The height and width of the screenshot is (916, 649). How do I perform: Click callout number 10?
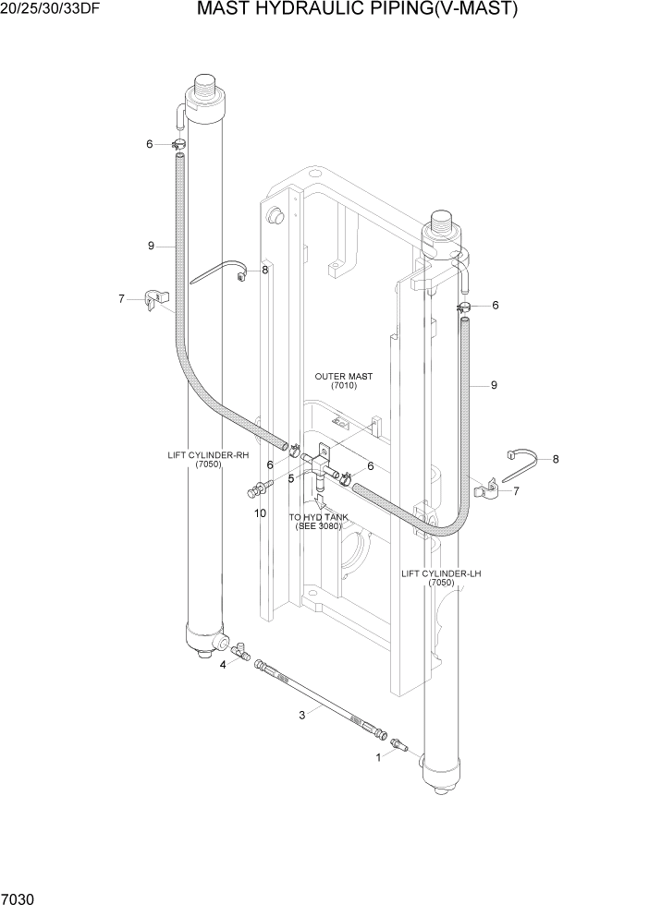(x=260, y=512)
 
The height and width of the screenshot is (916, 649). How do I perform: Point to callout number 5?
(x=290, y=478)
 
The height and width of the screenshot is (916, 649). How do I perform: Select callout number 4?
(x=222, y=664)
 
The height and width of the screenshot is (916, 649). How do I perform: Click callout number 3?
(x=301, y=713)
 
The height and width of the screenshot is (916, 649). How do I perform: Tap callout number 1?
(x=377, y=757)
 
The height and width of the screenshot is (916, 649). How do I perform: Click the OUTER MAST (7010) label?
(x=343, y=380)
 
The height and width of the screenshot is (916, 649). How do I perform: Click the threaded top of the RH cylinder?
(x=205, y=91)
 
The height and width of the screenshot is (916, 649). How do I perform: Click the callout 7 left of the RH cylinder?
(x=120, y=298)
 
